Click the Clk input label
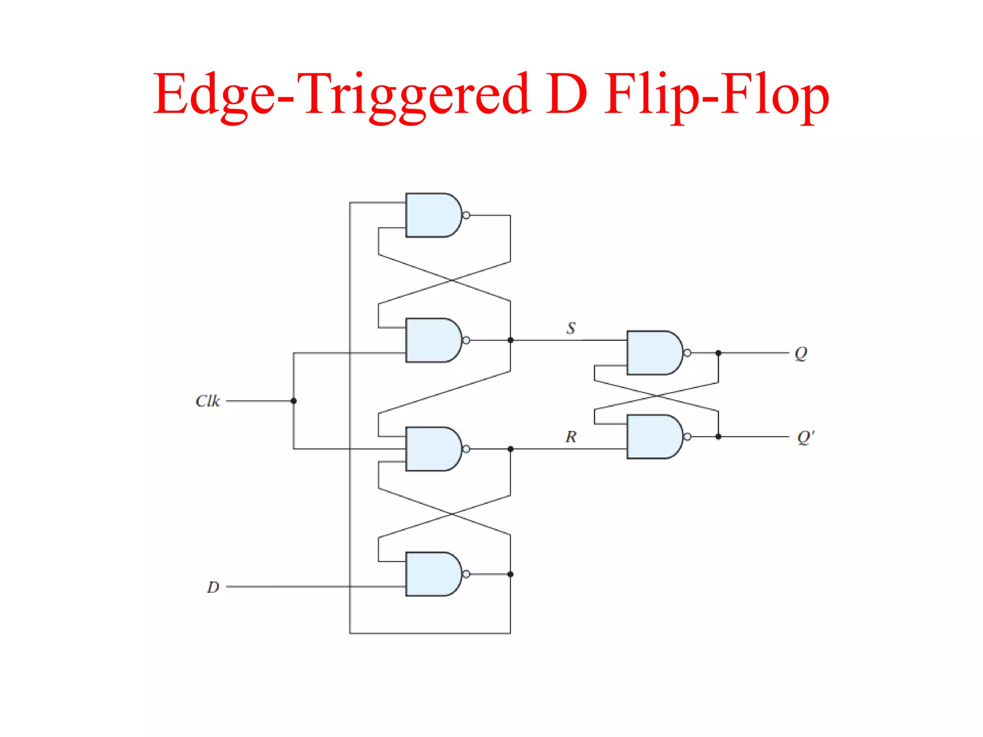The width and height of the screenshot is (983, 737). click(x=207, y=401)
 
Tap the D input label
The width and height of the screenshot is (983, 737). click(x=213, y=587)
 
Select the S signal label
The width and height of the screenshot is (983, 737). click(x=571, y=328)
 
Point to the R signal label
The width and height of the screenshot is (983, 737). click(x=571, y=437)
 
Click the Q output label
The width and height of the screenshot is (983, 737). click(x=801, y=354)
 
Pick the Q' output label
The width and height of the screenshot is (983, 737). click(x=805, y=437)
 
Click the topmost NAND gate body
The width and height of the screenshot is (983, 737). click(x=432, y=215)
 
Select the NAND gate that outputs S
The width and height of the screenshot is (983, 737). click(x=432, y=340)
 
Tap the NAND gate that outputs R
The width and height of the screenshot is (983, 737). click(x=432, y=449)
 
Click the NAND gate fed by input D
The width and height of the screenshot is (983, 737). click(x=432, y=574)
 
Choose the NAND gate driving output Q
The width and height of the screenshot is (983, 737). click(x=653, y=353)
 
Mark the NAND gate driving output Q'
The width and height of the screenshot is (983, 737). click(x=653, y=437)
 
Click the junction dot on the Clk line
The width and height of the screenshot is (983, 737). click(x=294, y=401)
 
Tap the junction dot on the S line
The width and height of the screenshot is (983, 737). click(x=510, y=340)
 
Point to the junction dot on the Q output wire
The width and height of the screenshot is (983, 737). click(x=718, y=353)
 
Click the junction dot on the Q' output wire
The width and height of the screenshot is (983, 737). click(x=718, y=437)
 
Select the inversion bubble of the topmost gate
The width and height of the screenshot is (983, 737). click(x=466, y=215)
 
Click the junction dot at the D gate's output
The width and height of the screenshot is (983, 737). click(x=510, y=574)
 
